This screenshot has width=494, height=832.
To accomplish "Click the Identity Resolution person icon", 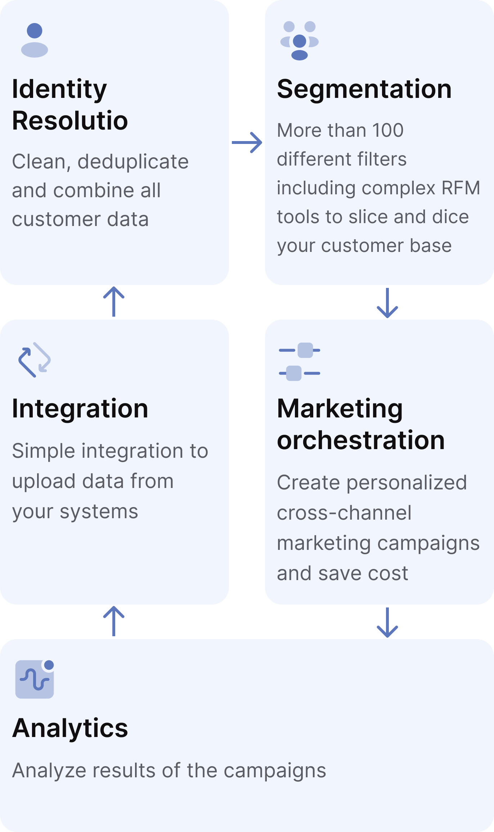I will coord(35,40).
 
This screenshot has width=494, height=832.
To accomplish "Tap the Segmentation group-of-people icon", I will coord(300,41).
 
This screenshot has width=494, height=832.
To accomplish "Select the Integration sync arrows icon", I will coord(35,360).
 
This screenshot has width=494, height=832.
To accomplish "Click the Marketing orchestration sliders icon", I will coord(300,362).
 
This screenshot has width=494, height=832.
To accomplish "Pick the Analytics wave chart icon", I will coord(35,679).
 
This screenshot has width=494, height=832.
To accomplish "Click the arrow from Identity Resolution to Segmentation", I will coord(247,143).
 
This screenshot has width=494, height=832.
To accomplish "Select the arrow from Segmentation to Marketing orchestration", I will coord(387,303).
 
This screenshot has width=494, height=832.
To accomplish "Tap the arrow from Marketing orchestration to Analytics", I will coord(387,623).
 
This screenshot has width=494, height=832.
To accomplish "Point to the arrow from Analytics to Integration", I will coord(114,621).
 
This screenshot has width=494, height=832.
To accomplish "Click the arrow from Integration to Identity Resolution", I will coord(114,302).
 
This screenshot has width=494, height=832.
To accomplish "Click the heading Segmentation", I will coord(364,89).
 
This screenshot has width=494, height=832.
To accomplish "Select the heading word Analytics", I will coord(70,728).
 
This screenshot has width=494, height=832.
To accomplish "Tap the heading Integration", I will coord(80,409).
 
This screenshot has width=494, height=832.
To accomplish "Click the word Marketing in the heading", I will coord(340,409).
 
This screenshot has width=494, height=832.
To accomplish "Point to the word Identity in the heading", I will coord(59,89).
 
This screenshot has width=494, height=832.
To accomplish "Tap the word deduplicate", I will coord(133,162).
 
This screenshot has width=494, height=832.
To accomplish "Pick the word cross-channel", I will coord(344,513).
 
